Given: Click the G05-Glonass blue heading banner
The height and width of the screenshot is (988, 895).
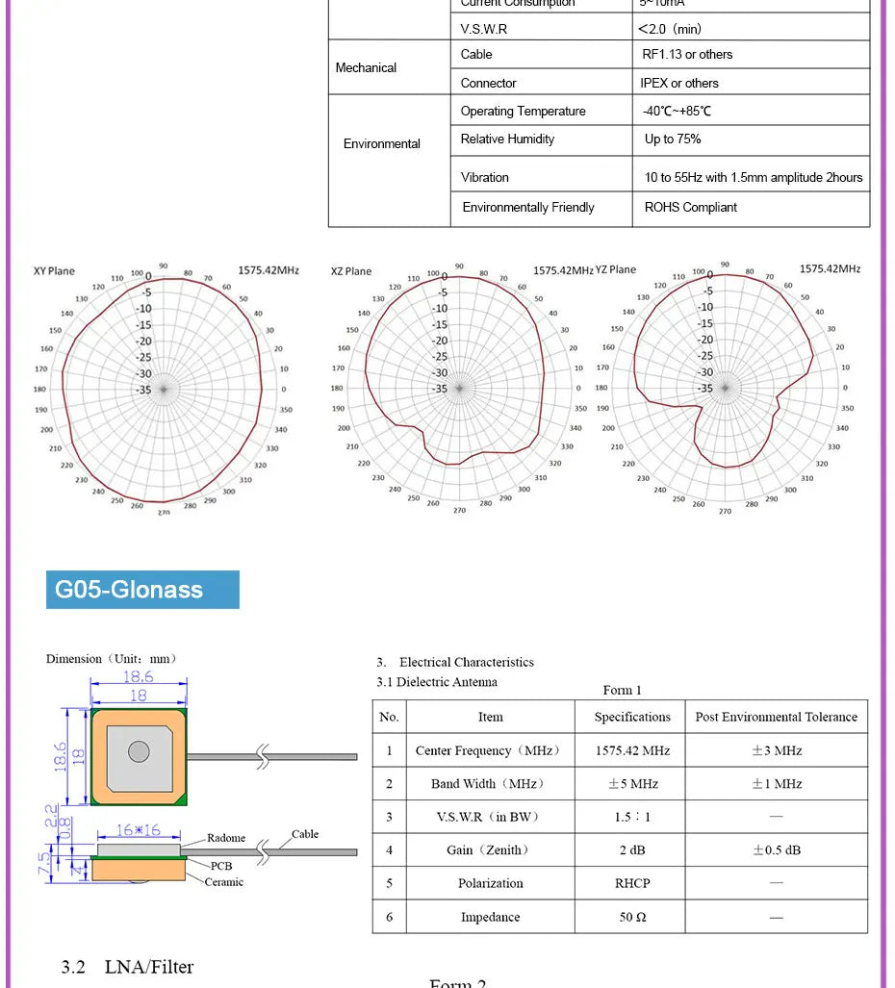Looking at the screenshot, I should click(x=142, y=590).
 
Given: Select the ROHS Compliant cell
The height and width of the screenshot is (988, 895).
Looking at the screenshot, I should click(x=690, y=207).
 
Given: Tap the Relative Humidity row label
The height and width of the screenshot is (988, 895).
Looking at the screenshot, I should click(x=507, y=139).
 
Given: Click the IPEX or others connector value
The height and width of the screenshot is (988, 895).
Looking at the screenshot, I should click(x=679, y=83).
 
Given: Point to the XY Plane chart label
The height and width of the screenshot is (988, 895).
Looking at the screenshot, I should click(x=54, y=271).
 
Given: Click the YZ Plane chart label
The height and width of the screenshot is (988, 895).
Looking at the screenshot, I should click(x=616, y=269).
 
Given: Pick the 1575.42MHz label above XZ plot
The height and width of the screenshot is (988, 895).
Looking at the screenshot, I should click(x=563, y=271).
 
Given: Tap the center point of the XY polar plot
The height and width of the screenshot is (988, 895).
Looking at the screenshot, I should click(x=164, y=390).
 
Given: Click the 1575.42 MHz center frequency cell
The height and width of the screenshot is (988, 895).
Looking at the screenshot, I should click(x=632, y=750).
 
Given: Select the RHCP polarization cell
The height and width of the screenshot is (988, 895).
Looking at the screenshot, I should click(x=632, y=883).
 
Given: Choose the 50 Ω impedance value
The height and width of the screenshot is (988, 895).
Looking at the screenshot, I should click(x=632, y=917).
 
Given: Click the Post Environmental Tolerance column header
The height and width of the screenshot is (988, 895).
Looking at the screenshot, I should click(x=776, y=717).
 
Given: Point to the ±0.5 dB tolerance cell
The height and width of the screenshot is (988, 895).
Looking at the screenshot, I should click(x=776, y=849).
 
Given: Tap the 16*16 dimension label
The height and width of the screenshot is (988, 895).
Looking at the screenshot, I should click(x=139, y=830).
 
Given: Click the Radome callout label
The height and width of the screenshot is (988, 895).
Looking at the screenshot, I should click(x=226, y=838).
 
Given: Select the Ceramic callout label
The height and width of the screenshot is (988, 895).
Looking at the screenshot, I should click(x=223, y=882).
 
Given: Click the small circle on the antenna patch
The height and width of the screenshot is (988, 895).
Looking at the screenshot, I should click(x=139, y=752).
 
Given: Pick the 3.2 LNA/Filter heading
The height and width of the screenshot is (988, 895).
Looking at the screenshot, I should click(x=127, y=967).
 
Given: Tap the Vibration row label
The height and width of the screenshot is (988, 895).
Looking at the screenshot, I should click(x=485, y=177).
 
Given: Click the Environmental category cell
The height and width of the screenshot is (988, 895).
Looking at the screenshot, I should click(x=382, y=143).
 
